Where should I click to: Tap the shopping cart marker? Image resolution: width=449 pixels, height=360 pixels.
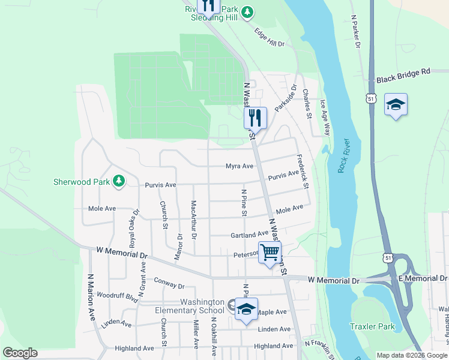click(x=270, y=252)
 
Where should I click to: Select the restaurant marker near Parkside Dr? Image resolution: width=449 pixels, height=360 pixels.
click(x=255, y=118)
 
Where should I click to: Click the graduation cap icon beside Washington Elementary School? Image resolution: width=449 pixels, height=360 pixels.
click(x=246, y=309)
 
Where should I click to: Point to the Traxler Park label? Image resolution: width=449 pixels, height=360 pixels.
click(x=372, y=327)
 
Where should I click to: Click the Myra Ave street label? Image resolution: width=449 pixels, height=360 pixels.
click(x=239, y=166)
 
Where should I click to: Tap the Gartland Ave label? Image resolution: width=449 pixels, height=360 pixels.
click(x=249, y=235)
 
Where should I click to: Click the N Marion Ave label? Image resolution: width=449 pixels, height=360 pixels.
click(x=91, y=297)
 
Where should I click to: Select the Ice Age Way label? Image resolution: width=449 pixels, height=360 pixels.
click(x=325, y=117)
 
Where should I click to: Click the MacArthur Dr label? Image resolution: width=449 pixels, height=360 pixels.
click(x=194, y=219)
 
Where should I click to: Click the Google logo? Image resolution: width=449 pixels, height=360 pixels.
click(x=20, y=353)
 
